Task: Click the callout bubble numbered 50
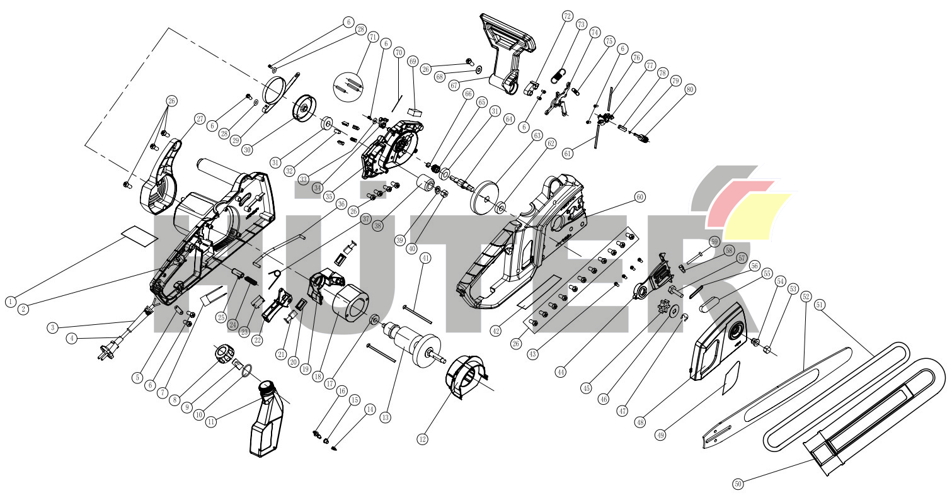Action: pos(738,484)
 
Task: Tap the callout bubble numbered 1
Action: pos(11,302)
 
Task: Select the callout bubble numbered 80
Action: pos(690,89)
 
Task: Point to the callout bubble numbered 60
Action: pos(639,197)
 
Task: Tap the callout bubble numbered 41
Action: pos(425,257)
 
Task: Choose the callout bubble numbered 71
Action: pos(373,37)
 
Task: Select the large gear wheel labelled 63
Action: pos(485,198)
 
